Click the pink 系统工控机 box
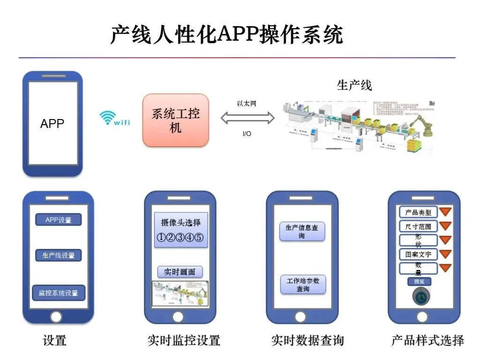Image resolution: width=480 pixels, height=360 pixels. pos(175,120)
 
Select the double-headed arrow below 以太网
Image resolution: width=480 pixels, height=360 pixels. pos(247,118)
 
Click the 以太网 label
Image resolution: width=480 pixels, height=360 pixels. pos(247,104)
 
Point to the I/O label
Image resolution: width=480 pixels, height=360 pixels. pos(247,134)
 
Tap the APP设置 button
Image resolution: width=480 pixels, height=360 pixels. pos(59,220)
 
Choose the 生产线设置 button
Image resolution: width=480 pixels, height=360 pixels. pos(59,255)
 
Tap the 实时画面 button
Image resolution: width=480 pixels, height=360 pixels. pos(180,272)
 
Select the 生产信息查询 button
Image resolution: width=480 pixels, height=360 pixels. pos(302,232)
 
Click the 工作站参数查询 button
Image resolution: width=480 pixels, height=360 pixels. pos(303,285)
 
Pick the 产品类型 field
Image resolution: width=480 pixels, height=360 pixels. pos(418,212)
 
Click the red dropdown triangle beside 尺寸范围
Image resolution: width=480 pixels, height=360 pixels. pos(445,226)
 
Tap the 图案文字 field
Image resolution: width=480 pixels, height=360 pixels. pos(418,255)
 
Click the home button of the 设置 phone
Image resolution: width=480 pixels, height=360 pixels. pos(56,317)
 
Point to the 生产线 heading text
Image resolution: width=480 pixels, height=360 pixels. pos(354,85)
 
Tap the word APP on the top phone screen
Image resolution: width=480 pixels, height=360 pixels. pos(52,124)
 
